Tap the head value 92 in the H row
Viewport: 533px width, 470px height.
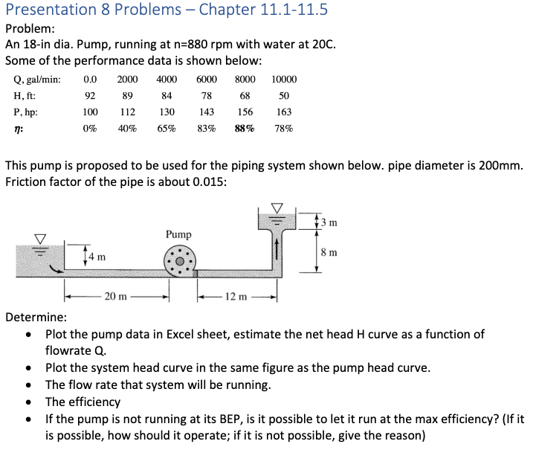pyautogui.click(x=90, y=96)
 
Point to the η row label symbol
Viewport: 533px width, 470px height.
pyautogui.click(x=18, y=128)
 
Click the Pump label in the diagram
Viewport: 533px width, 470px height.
pyautogui.click(x=178, y=234)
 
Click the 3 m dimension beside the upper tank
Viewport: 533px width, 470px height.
pyautogui.click(x=331, y=221)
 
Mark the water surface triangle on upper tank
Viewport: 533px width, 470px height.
pyautogui.click(x=277, y=207)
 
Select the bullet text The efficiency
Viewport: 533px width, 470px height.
pyautogui.click(x=83, y=402)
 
